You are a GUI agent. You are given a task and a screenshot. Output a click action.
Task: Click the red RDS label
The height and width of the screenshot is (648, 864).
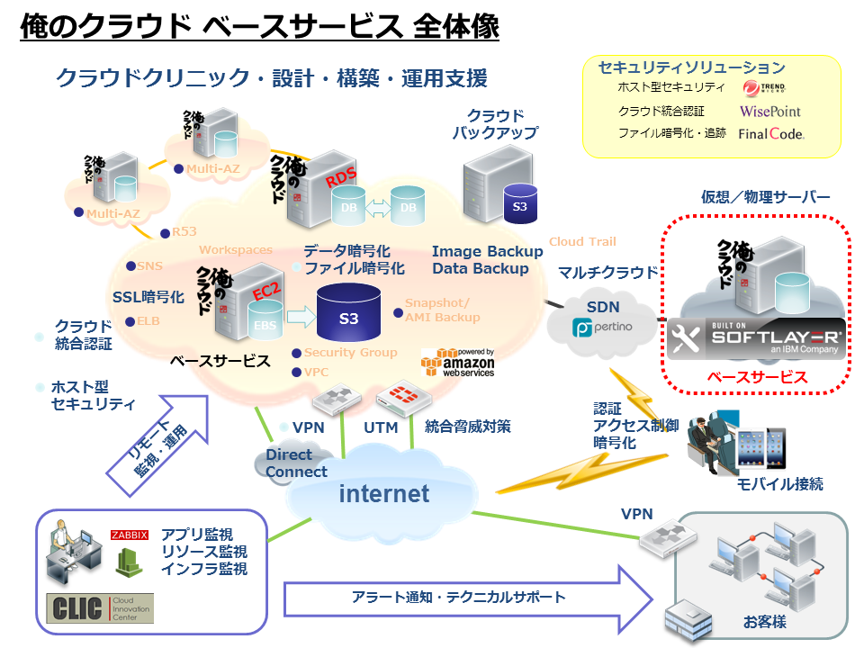point(341,179)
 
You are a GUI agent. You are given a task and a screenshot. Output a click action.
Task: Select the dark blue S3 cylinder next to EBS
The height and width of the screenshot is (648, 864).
point(348,316)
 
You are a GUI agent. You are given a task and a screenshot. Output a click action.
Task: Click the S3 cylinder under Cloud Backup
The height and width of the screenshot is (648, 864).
point(519,204)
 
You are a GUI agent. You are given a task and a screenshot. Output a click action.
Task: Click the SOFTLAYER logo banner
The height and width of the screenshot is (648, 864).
point(756,339)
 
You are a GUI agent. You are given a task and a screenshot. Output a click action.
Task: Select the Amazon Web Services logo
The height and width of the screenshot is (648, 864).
point(457,362)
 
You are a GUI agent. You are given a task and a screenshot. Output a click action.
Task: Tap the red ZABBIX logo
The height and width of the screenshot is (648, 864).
point(129,535)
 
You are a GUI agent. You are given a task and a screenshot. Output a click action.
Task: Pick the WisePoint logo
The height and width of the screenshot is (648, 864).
point(769,112)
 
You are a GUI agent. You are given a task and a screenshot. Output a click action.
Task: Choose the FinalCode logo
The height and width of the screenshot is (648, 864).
point(770,134)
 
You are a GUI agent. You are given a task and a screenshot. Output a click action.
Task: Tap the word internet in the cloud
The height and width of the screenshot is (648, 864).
point(384,493)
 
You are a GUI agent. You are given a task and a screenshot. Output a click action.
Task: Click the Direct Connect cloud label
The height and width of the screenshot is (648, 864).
point(296,463)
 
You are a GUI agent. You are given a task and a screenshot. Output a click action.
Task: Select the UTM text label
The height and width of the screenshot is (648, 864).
point(381,427)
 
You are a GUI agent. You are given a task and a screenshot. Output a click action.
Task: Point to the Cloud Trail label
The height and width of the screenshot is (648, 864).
point(582,241)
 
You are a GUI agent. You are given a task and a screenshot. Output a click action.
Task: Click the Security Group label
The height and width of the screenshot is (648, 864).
point(350,353)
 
